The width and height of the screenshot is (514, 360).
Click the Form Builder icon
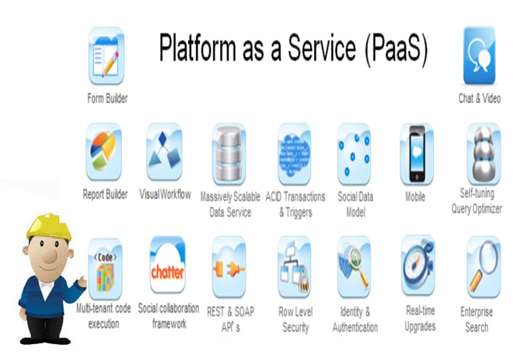coord(107,56)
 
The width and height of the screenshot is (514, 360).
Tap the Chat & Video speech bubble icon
coord(479,55)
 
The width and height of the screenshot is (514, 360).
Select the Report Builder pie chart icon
coord(104,152)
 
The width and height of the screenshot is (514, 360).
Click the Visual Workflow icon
coord(164,152)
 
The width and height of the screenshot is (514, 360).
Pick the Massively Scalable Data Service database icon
coord(229,154)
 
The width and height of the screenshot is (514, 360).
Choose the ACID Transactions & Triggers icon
coord(295,154)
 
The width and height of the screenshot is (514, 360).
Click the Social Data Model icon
coord(354,154)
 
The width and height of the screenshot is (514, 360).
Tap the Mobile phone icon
coord(417,154)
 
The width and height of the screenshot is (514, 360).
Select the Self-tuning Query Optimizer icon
coord(483,153)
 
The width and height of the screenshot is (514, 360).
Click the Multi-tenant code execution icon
coord(105,268)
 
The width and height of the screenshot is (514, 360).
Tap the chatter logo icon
coord(168,264)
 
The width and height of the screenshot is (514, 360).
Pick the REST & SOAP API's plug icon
coord(229,267)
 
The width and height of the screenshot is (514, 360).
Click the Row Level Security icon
coord(295,267)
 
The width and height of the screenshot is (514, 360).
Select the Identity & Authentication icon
coord(354,267)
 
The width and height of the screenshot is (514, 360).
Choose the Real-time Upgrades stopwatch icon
coord(418,265)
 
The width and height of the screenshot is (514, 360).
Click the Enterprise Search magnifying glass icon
coord(483,267)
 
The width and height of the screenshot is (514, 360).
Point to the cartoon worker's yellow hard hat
coord(49,227)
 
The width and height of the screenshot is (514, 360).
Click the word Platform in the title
coord(198,48)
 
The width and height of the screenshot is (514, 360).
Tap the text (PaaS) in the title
coord(396,49)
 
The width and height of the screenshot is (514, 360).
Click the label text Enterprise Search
coord(476,319)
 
